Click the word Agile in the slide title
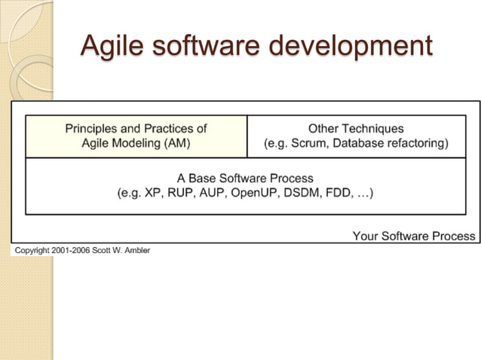111,45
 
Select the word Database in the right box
355,143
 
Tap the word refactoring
415,143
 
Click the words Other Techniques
356,129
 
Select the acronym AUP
213,193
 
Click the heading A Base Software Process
245,178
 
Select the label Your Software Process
414,236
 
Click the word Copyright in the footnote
29,249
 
